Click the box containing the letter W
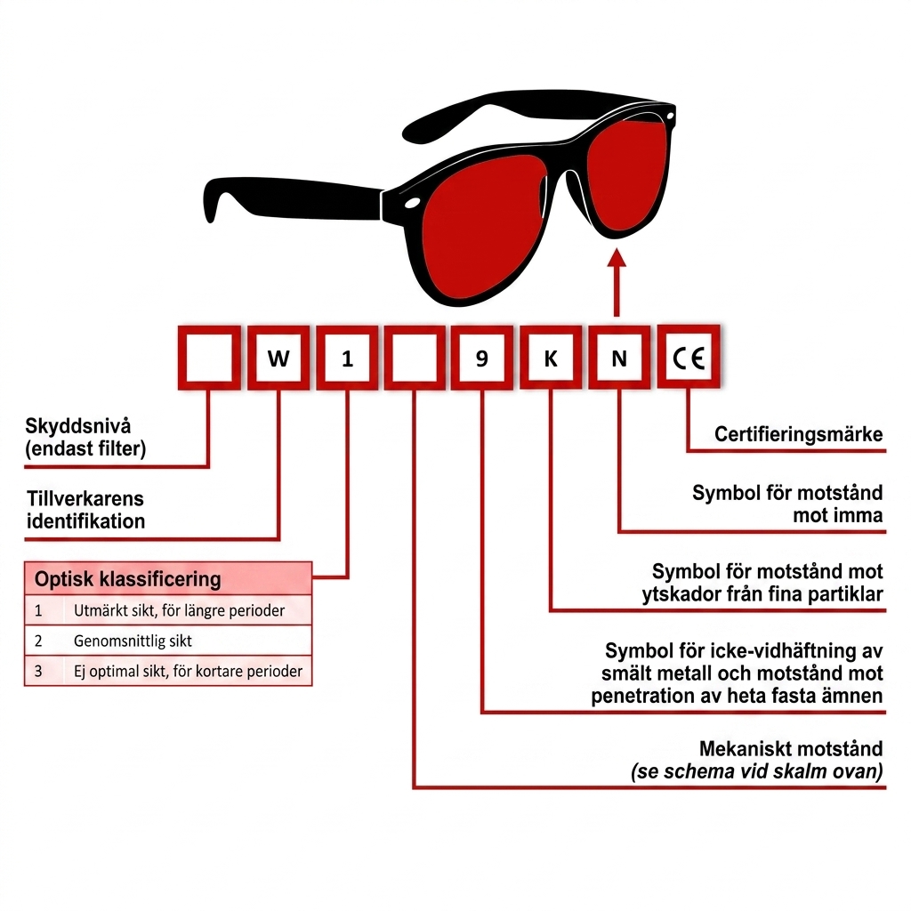[278, 358]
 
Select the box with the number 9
[481, 358]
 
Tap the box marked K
[550, 358]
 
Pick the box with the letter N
[619, 358]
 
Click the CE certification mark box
[689, 357]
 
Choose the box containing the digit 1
[347, 358]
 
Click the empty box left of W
[209, 358]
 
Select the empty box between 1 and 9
[415, 358]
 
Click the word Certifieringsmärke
[798, 434]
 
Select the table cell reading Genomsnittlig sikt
[133, 641]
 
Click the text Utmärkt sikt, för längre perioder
[179, 610]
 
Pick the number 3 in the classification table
[38, 671]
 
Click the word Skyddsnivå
[78, 426]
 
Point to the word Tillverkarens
[85, 498]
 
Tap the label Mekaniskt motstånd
[791, 748]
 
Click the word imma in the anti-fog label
[859, 515]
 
